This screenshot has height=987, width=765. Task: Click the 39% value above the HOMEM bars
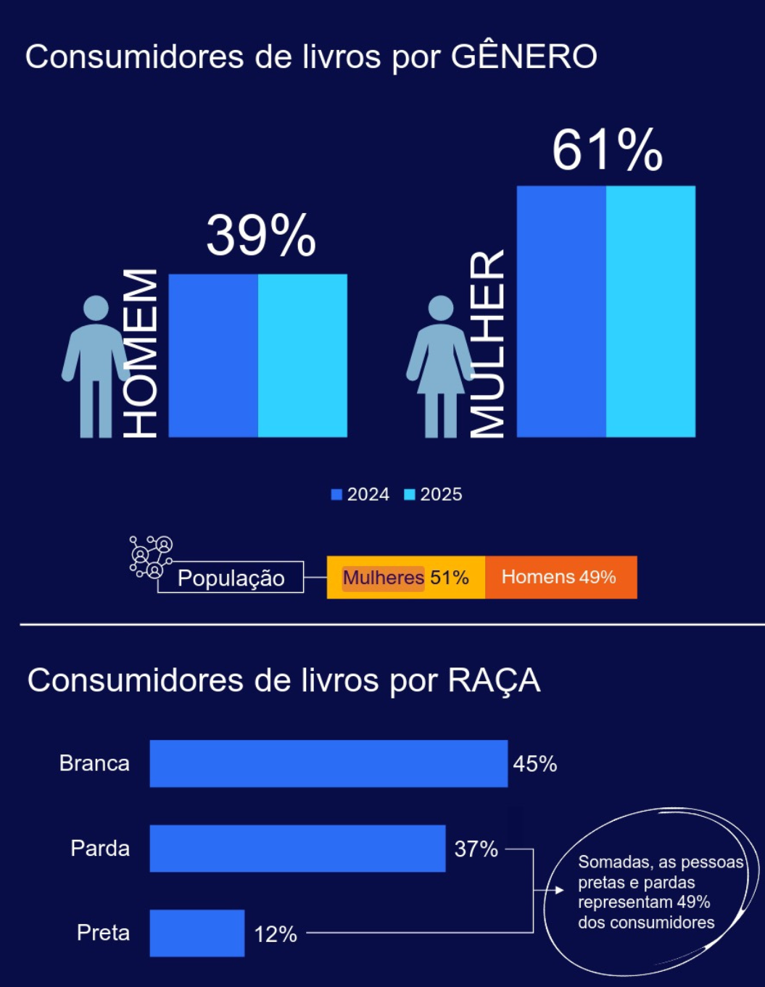[x=261, y=236]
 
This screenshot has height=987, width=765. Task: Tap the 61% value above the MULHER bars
[x=608, y=150]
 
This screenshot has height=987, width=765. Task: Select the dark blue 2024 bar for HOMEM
[x=213, y=355]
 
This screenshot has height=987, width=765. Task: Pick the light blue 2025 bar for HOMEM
[x=302, y=355]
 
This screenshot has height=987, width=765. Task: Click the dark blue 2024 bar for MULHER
[x=561, y=312]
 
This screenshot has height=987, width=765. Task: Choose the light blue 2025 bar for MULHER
[x=650, y=312]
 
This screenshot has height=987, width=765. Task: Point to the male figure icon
[x=96, y=367]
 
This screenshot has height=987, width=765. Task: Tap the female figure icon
[x=440, y=367]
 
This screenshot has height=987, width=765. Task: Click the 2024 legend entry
[x=360, y=494]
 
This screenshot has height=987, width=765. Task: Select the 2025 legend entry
[x=434, y=494]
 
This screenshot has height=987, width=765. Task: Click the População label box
[x=231, y=578]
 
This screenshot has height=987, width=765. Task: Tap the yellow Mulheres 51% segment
[x=406, y=578]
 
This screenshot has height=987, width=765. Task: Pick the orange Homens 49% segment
[x=561, y=578]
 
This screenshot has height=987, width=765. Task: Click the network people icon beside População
[x=151, y=557]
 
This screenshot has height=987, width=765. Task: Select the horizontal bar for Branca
[x=328, y=763]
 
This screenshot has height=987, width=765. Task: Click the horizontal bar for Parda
[x=297, y=848]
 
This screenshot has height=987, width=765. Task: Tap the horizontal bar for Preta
[x=197, y=933]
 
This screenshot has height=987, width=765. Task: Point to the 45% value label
[x=535, y=764]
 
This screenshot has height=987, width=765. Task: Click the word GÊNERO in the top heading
[x=524, y=56]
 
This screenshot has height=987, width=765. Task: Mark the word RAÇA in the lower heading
[x=494, y=680]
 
